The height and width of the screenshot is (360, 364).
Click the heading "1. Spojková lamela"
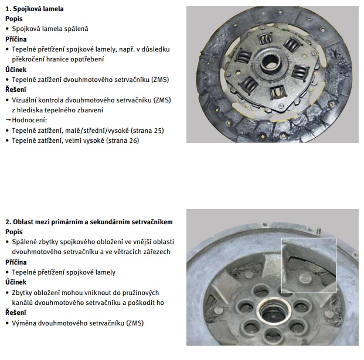click(x=35, y=9)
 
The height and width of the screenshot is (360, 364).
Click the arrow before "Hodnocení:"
click(x=8, y=120)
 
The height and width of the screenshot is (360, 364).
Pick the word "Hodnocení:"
click(x=29, y=121)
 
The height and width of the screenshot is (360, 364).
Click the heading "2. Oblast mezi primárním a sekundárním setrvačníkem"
click(x=89, y=222)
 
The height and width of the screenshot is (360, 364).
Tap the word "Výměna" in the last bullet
click(x=24, y=323)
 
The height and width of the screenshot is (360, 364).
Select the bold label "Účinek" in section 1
click(x=16, y=70)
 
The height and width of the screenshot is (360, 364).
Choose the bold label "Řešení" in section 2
click(x=16, y=313)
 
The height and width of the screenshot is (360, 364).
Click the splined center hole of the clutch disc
click(x=270, y=63)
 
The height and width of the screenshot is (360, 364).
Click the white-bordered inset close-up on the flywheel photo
click(x=309, y=265)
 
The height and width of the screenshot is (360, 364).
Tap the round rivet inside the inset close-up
click(x=306, y=278)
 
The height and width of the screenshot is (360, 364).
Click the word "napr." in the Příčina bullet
click(x=127, y=50)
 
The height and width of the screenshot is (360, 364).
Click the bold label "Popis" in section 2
click(x=14, y=232)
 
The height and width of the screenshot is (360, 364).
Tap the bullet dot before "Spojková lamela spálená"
click(x=8, y=29)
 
